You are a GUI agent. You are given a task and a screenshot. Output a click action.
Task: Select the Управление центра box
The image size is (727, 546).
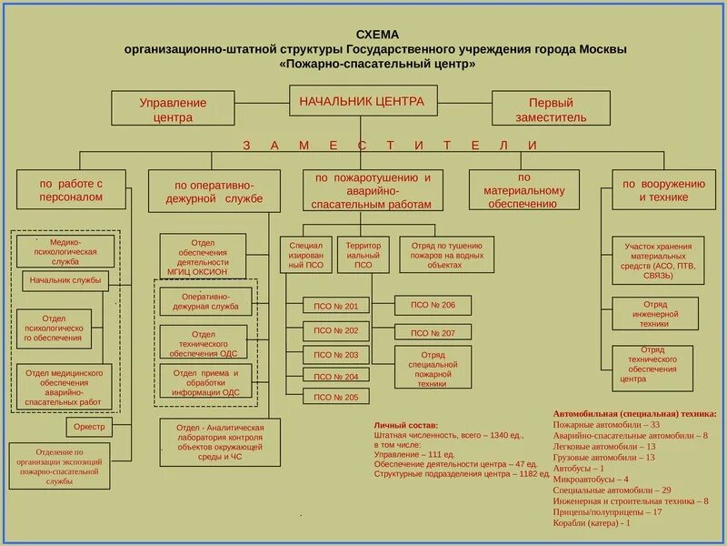tap(173, 109)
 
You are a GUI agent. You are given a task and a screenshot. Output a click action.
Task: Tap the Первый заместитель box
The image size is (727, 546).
tap(552, 109)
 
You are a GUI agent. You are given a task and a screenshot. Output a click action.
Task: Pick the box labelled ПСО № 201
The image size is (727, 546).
tap(335, 307)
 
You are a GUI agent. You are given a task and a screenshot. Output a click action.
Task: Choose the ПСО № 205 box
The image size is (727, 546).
tap(335, 397)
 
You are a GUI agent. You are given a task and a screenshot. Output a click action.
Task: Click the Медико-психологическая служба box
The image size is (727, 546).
tap(65, 251)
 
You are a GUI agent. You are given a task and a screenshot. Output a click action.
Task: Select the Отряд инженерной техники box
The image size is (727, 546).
tap(654, 314)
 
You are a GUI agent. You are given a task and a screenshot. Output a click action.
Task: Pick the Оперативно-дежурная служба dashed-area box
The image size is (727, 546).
tap(204, 301)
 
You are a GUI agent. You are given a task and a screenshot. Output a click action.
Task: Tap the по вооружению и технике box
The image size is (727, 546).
tap(662, 190)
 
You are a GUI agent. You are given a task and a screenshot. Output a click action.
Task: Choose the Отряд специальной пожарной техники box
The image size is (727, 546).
tap(433, 369)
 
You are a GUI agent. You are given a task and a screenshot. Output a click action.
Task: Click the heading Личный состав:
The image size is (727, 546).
tap(405, 425)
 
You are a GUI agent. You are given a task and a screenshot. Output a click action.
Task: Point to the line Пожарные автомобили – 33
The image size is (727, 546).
tap(605, 425)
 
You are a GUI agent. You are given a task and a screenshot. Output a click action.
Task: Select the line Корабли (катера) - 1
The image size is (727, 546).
tap(592, 523)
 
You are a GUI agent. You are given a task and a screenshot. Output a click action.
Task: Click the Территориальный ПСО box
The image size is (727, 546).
tap(363, 255)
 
